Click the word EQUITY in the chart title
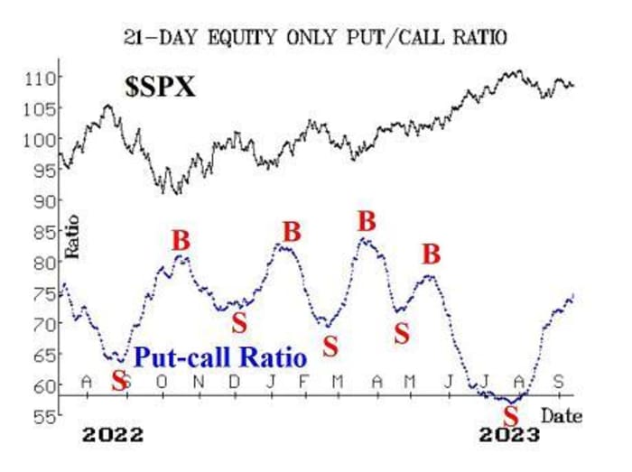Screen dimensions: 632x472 [x=241, y=37]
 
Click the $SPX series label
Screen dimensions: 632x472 [x=161, y=87]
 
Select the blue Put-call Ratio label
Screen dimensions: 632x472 [x=220, y=356]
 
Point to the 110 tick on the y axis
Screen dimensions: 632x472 [x=39, y=78]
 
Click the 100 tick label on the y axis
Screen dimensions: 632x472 [x=39, y=140]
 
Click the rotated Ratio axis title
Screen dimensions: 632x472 [x=71, y=236]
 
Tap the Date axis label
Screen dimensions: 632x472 [x=562, y=416]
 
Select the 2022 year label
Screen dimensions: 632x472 [x=113, y=435]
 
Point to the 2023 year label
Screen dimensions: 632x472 [x=509, y=435]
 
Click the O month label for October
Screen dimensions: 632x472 [x=162, y=381]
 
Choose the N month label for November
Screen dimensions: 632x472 [x=199, y=381]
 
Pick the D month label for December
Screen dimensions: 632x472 [x=235, y=381]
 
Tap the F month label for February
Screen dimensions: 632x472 [x=304, y=381]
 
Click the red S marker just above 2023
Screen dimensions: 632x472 [x=511, y=416]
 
